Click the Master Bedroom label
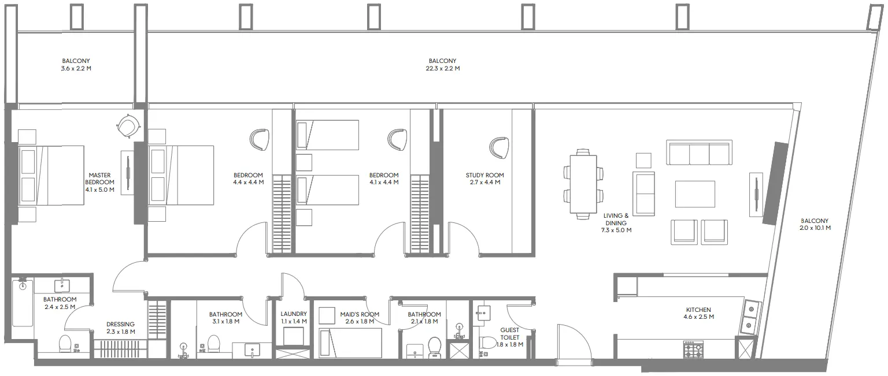click(x=99, y=178)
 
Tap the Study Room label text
click(x=484, y=175)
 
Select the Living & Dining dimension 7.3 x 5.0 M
click(x=616, y=230)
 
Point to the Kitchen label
click(x=698, y=310)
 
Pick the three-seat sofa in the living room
click(x=699, y=152)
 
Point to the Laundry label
click(x=293, y=314)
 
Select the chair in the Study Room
click(x=498, y=147)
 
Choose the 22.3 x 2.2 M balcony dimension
click(x=442, y=68)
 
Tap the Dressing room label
click(x=120, y=325)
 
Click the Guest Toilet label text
click(x=509, y=333)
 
